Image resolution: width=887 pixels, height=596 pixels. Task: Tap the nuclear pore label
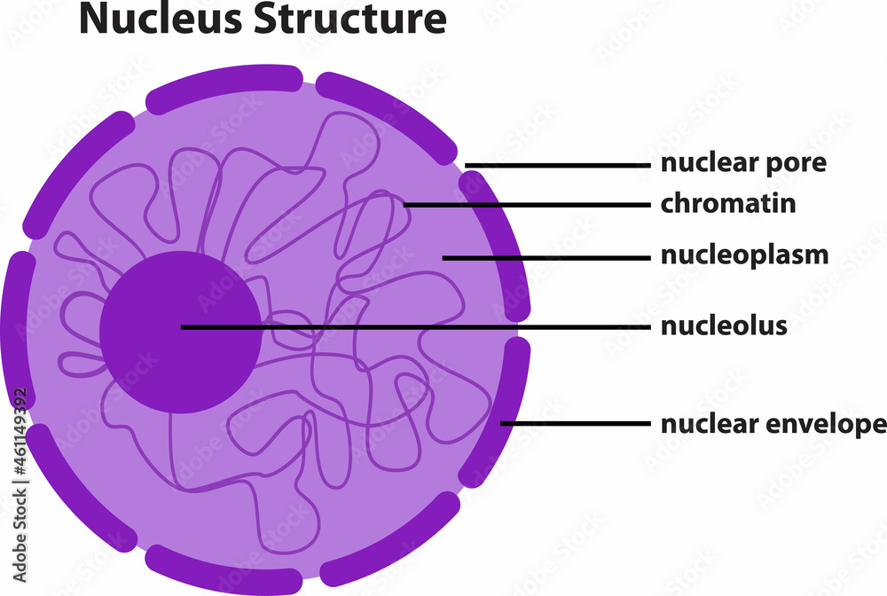743,164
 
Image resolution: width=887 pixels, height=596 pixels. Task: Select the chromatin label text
727,204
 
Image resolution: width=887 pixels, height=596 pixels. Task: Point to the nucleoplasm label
744,256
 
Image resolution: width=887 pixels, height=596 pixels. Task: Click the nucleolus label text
724,325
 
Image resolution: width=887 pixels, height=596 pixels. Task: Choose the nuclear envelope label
773,424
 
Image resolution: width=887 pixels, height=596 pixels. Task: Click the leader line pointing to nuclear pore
559,165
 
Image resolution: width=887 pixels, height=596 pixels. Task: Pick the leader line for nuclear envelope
577,424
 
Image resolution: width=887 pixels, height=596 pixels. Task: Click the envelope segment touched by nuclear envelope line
510,408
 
